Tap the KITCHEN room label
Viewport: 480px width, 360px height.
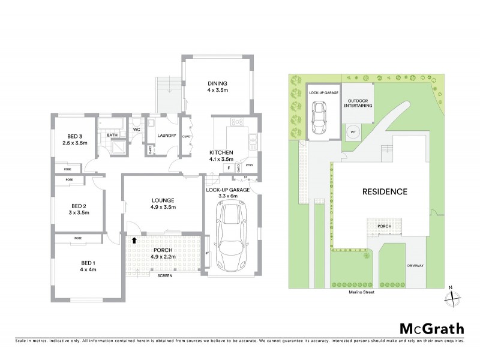pos(221,152)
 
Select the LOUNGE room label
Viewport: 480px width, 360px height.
pos(163,200)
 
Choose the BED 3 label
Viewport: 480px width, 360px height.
pos(75,136)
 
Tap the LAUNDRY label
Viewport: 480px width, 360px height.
pos(166,136)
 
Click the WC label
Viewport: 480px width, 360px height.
pos(136,129)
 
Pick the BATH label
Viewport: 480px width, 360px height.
pos(112,136)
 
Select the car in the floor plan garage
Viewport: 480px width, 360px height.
pos(232,234)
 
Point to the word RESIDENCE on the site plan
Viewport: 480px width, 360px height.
pos(384,192)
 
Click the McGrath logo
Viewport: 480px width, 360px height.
pos(431,328)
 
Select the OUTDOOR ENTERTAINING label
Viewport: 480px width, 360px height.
pos(358,103)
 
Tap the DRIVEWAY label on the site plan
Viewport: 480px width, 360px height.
pos(415,264)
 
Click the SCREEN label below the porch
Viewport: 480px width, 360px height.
pos(163,276)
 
